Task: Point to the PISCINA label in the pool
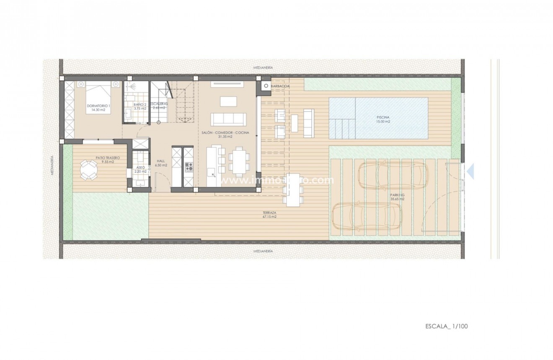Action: pos(383,119)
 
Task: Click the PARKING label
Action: pos(396,197)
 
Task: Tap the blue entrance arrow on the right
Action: pos(470,171)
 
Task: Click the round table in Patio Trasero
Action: pos(88,170)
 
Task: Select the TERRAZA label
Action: pos(270,215)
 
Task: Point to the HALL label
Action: pos(161,163)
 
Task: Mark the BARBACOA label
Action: pos(280,86)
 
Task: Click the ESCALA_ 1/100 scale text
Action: pos(443,325)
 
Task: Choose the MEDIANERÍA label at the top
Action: pos(263,67)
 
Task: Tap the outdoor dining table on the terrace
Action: pos(293,189)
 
